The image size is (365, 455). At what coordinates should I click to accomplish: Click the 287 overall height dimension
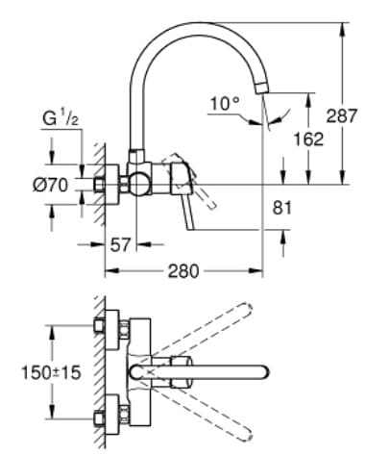point(341,115)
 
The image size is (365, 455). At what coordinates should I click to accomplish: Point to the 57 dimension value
point(119,245)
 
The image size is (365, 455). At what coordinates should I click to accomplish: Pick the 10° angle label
point(224,103)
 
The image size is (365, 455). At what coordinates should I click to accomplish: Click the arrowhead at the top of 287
point(342,20)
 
